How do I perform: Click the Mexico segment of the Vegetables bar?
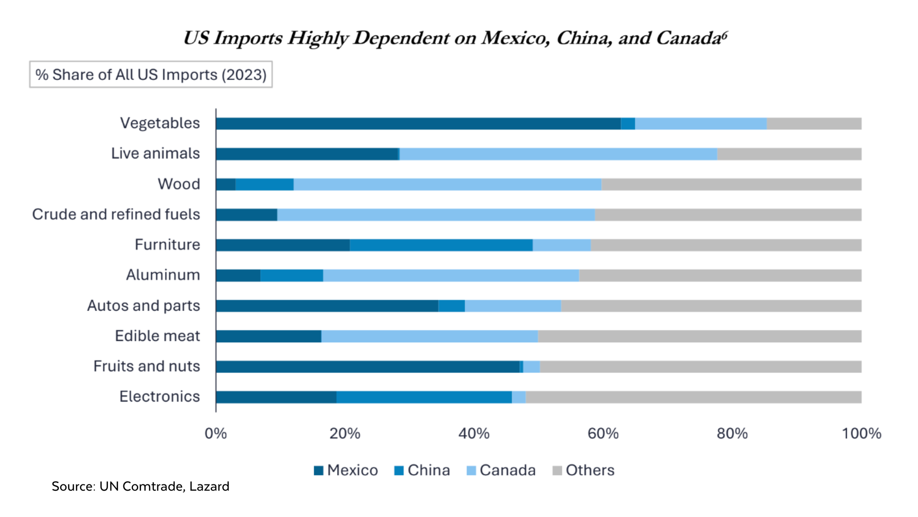coord(418,124)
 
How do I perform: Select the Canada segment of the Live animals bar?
coord(558,154)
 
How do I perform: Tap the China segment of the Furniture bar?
coord(441,245)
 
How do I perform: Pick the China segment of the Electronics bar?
coord(424,397)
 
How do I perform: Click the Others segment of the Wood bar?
coord(731,184)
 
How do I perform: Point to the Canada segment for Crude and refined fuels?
coord(436,215)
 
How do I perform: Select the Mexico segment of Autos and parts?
coord(327,306)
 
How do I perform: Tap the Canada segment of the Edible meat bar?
coord(429,337)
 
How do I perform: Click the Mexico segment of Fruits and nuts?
coord(367,367)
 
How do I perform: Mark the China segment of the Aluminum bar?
coord(292,276)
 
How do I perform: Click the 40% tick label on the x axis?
coord(473,434)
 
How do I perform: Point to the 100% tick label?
coord(861,434)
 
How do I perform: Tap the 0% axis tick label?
coord(216,434)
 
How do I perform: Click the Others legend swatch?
coord(557,471)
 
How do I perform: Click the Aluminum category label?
coord(163,275)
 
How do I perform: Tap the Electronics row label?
coord(159,397)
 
